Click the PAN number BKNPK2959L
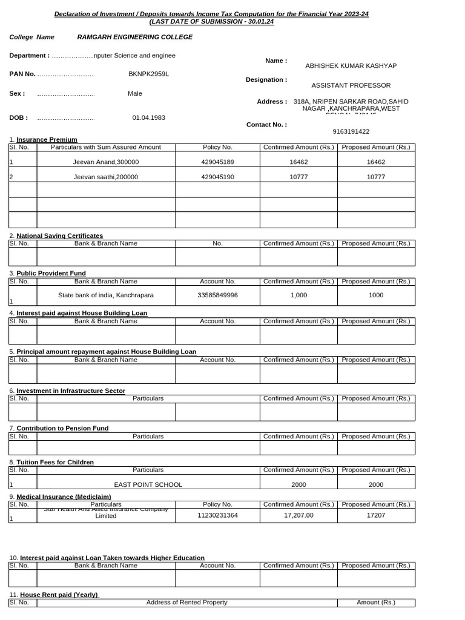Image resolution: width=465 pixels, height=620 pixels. [148, 74]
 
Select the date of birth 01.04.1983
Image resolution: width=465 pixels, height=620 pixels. [148, 118]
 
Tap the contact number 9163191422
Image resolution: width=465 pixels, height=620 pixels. [351, 131]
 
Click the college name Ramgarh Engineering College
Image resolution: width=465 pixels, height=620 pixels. [134, 37]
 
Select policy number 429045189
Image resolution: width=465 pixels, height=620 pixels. [217, 162]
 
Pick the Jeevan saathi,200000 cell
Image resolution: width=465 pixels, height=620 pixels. [106, 177]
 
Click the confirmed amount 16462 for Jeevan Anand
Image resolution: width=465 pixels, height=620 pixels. [298, 162]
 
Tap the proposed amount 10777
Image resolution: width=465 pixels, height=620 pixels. [375, 177]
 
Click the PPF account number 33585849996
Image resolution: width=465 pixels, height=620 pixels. [217, 295]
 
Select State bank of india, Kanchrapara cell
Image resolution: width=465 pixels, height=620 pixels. [106, 295]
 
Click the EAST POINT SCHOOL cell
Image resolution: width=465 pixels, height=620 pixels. [148, 484]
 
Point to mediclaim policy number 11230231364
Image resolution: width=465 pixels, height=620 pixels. [217, 516]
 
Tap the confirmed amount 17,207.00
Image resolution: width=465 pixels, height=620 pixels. [298, 516]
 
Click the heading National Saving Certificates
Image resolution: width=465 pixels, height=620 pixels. [59, 236]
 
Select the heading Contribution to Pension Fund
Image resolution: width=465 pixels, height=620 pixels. [62, 428]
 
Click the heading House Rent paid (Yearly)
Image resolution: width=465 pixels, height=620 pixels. [59, 595]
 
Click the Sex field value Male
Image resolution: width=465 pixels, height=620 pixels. [135, 94]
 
